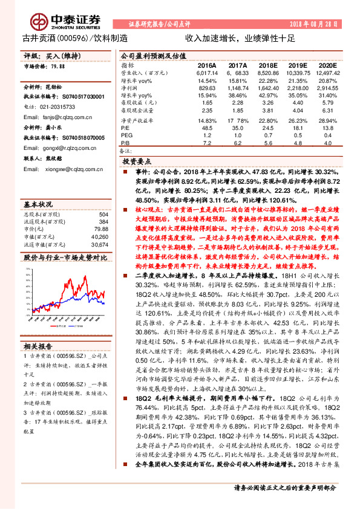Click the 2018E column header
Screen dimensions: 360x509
coord(267,64)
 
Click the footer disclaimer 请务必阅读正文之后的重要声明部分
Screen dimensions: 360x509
coord(284,488)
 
